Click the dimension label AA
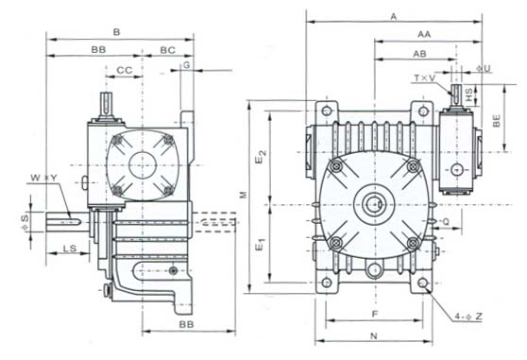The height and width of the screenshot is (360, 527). pyautogui.click(x=424, y=34)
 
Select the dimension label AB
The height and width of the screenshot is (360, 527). pyautogui.click(x=419, y=54)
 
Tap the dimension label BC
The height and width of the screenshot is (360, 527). pyautogui.click(x=168, y=50)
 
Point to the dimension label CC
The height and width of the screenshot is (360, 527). pyautogui.click(x=125, y=70)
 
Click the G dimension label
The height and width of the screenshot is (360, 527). pyautogui.click(x=187, y=65)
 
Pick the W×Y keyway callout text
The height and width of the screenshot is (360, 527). pyautogui.click(x=44, y=178)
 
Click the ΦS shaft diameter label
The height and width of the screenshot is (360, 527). pyautogui.click(x=25, y=223)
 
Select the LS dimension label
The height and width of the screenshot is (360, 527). pyautogui.click(x=70, y=249)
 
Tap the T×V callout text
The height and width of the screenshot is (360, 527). pyautogui.click(x=424, y=78)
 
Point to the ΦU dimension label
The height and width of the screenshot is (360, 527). pyautogui.click(x=484, y=69)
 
